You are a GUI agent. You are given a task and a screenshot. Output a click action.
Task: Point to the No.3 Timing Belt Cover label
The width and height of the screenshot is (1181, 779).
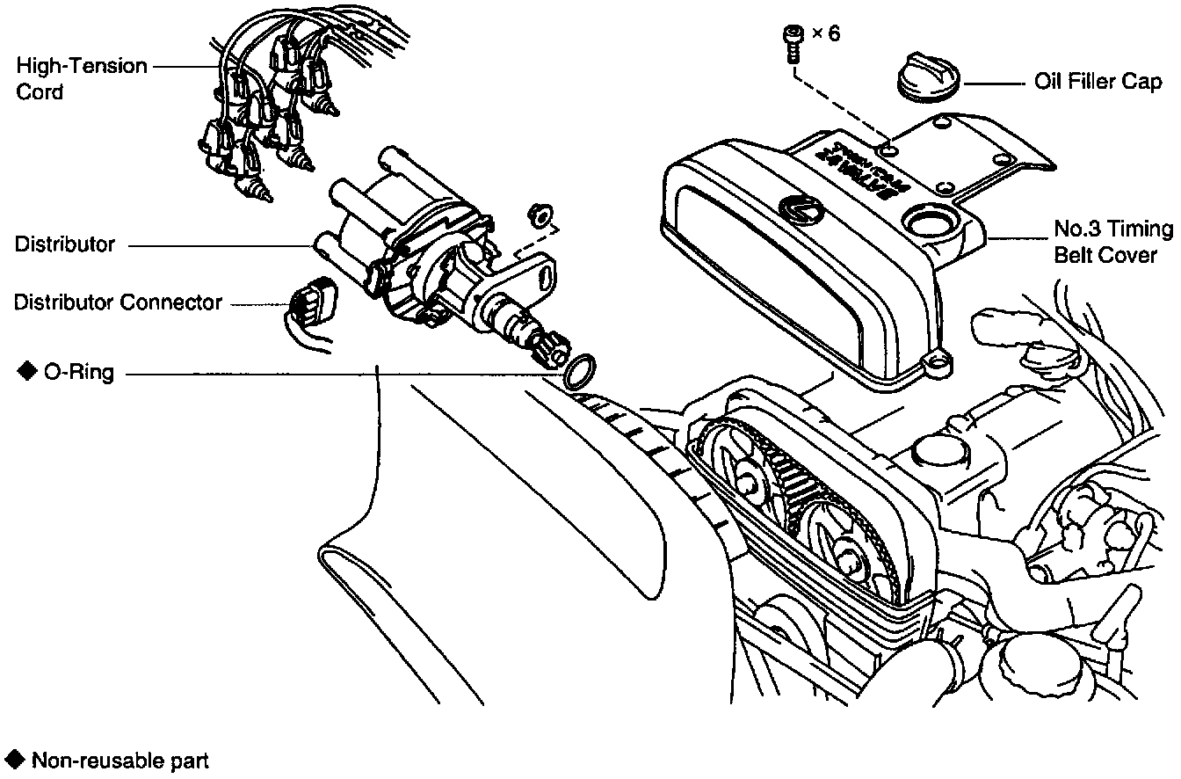point(1112,242)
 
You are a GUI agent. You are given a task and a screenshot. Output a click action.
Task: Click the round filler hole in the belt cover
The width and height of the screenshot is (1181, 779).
point(929,222)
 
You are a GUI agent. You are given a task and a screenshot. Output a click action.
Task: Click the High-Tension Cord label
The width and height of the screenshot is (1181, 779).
point(82,78)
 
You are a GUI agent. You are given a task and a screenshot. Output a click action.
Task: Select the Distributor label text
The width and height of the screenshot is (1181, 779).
point(64,244)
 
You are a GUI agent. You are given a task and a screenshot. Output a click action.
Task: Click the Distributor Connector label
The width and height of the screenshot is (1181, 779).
point(118,302)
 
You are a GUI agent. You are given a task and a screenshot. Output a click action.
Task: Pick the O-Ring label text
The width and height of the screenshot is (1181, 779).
point(78,372)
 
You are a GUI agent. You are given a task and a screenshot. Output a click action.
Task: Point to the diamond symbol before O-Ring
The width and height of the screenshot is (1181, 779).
point(24,371)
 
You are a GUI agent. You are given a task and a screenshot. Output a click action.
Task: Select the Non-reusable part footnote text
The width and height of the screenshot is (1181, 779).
point(120,760)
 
